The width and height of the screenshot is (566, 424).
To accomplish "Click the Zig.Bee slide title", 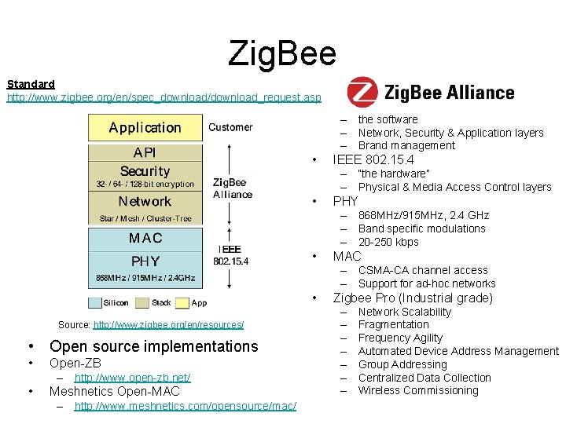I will point(282,53).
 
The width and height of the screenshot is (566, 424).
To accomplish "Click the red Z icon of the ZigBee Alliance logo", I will point(362,93).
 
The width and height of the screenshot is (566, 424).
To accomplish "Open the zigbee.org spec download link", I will point(164,97).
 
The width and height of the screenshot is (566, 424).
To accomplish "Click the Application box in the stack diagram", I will point(145,127).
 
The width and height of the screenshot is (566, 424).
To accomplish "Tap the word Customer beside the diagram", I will point(230,127).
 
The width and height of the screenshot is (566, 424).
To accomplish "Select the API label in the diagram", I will point(145,152).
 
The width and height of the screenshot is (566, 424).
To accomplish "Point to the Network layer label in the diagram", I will point(145,202).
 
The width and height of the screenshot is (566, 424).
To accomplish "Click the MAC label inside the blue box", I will point(145,237).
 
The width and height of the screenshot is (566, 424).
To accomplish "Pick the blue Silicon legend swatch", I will point(95,302).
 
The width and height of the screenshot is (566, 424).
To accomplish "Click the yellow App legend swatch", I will point(182,302).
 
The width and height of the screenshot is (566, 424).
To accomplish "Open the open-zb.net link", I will point(132,378).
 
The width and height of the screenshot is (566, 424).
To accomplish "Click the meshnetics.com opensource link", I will point(185,405).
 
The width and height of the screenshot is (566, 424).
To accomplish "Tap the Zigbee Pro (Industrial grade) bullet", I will point(413,298).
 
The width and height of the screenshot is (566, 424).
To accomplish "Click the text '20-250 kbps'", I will point(388,242).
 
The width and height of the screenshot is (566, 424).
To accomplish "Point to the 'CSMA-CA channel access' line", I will point(423,270).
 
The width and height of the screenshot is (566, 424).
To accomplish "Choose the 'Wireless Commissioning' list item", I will point(418,390).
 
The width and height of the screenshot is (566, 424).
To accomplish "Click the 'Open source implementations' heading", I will point(153,346).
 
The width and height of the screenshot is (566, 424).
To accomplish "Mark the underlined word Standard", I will point(31,83).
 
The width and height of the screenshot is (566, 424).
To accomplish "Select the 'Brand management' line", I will point(406,145).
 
